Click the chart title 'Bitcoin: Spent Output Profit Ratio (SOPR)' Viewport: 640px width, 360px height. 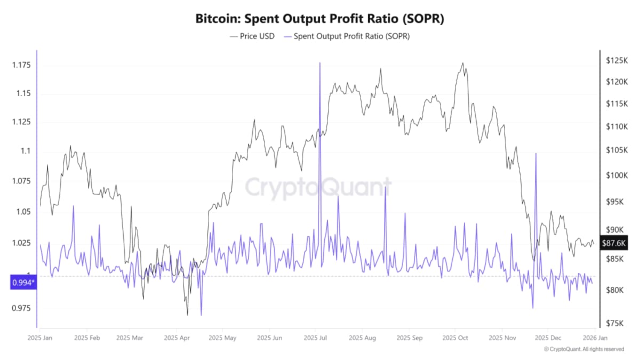[320, 19]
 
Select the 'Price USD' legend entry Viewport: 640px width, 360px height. [252, 36]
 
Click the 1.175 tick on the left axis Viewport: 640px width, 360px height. [21, 65]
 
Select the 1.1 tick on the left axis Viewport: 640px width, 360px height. [26, 151]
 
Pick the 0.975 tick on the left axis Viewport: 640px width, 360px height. [21, 308]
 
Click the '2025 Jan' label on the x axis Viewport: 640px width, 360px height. [40, 338]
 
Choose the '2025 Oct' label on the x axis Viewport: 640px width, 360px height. [455, 338]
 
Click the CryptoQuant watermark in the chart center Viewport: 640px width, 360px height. [318, 188]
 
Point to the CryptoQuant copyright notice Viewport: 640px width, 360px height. [583, 349]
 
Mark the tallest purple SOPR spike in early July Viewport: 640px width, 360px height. [319, 63]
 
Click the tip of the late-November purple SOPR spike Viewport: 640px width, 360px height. [535, 154]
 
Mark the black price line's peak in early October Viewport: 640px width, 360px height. [462, 63]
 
